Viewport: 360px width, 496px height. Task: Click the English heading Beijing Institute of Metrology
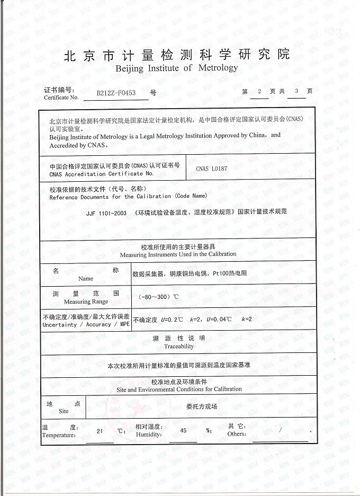(x=177, y=68)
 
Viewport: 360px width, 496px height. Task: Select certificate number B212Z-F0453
(x=116, y=93)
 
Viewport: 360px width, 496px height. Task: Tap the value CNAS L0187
(x=211, y=169)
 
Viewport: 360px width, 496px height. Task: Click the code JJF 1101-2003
(x=106, y=211)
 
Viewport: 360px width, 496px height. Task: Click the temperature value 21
(x=100, y=431)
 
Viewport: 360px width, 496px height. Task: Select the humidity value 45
(x=183, y=431)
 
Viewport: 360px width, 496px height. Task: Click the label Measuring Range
(x=86, y=302)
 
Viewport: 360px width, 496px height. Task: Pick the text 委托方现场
(x=202, y=406)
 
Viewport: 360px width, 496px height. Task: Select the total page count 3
(x=296, y=91)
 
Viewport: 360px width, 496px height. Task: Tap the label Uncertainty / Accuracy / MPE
(x=86, y=324)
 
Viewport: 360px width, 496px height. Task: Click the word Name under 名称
(x=86, y=278)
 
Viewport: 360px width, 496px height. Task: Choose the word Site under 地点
(x=64, y=411)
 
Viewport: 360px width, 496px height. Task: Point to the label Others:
(x=237, y=434)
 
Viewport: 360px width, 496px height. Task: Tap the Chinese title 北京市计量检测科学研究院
(x=177, y=55)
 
